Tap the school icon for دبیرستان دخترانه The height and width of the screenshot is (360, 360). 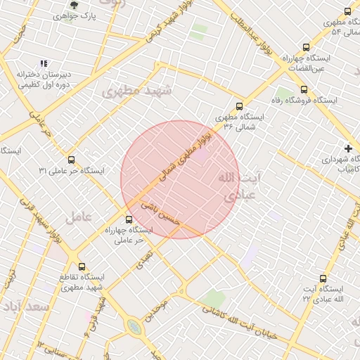click(x=44, y=64)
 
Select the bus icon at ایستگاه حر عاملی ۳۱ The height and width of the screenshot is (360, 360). click(x=70, y=160)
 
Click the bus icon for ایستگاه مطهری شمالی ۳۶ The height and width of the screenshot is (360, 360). click(x=239, y=106)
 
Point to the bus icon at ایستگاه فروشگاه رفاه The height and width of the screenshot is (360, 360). click(x=304, y=90)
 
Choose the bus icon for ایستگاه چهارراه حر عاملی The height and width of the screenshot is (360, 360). click(x=127, y=219)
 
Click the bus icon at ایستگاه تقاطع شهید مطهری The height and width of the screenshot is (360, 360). click(x=82, y=266)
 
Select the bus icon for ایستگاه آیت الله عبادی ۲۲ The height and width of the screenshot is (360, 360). click(x=323, y=278)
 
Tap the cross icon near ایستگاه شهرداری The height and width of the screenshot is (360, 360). click(x=347, y=148)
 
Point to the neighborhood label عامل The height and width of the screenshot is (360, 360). click(x=79, y=218)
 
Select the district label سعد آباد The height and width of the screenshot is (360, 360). click(x=25, y=307)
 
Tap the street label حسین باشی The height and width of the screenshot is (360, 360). click(x=161, y=214)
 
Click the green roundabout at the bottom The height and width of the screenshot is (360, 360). click(x=134, y=326)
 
